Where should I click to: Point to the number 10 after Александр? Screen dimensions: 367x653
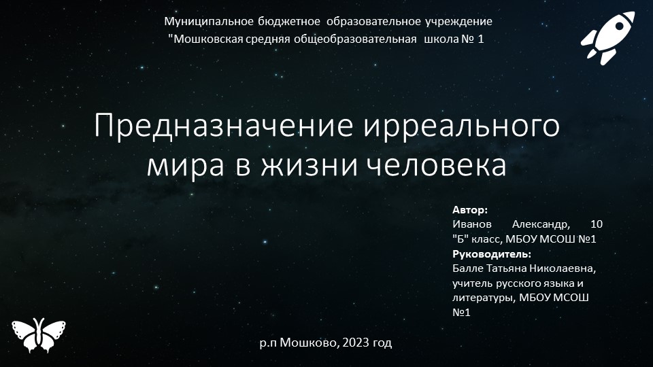(x=597, y=224)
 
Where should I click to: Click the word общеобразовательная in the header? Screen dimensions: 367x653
(x=356, y=39)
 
